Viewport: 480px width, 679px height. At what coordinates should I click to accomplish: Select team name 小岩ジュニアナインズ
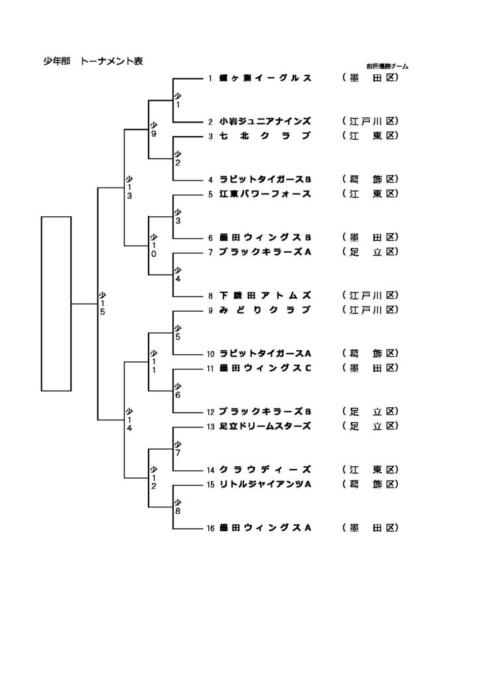click(x=265, y=122)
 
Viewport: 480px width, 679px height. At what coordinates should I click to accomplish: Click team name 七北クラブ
click(x=265, y=137)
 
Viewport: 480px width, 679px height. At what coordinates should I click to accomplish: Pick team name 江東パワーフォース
click(x=265, y=194)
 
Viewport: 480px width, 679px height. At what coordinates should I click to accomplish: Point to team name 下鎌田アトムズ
click(x=265, y=295)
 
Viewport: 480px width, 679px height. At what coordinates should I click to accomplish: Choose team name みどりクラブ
click(x=265, y=310)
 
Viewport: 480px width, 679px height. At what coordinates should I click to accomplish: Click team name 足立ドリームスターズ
click(x=265, y=425)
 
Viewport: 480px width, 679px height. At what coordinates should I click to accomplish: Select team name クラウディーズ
click(x=265, y=469)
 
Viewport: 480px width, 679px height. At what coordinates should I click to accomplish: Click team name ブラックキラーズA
click(x=265, y=252)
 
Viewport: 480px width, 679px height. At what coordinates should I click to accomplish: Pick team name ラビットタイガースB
click(x=265, y=180)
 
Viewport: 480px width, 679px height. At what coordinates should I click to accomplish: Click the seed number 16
click(x=210, y=528)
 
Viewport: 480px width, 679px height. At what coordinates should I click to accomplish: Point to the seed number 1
click(x=210, y=79)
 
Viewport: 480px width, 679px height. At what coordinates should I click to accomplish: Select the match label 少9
click(x=153, y=129)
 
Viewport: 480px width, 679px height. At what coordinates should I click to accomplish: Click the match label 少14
click(x=130, y=418)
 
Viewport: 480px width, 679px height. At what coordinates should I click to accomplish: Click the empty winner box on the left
click(x=56, y=303)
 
